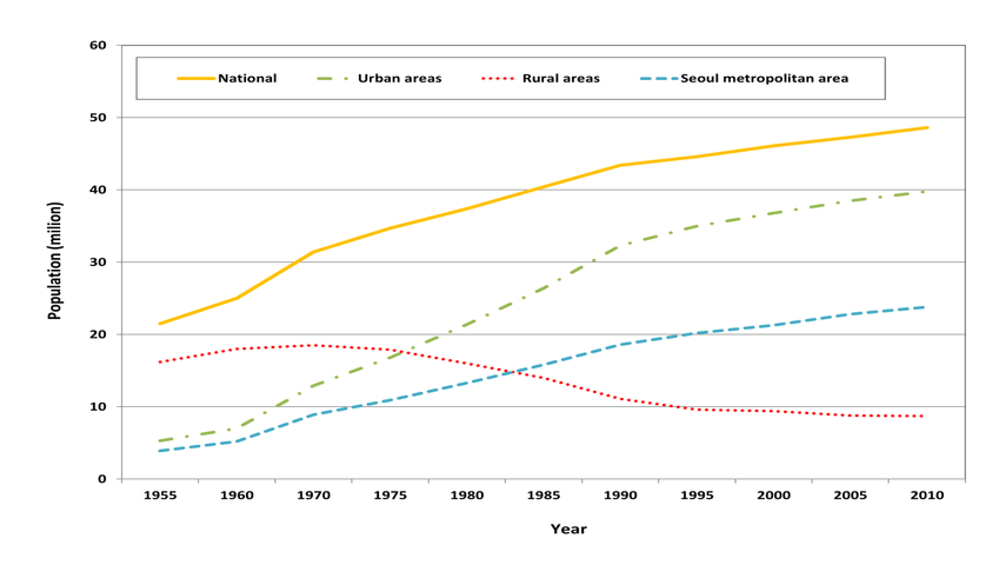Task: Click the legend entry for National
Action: click(x=247, y=78)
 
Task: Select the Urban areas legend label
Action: click(x=399, y=78)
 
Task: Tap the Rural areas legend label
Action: click(x=561, y=78)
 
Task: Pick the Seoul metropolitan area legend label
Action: click(x=764, y=78)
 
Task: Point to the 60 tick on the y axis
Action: click(x=98, y=46)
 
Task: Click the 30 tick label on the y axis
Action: click(x=98, y=262)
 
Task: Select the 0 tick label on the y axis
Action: click(x=102, y=479)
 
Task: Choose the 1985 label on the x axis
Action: click(x=543, y=496)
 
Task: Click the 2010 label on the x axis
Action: click(x=927, y=496)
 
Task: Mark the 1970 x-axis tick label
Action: click(x=313, y=496)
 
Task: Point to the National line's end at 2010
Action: click(x=927, y=128)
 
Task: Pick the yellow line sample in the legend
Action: click(x=196, y=78)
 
